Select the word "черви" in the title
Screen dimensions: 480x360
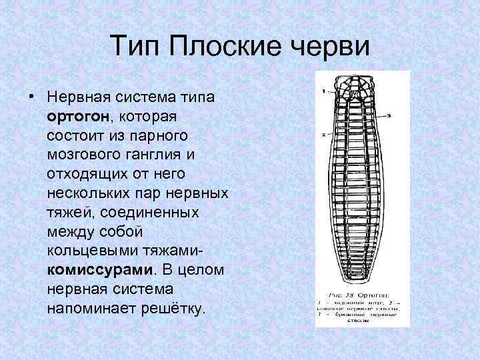(331, 47)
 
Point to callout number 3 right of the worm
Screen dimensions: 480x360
(387, 115)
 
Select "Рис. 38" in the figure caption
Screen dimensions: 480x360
(343, 293)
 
